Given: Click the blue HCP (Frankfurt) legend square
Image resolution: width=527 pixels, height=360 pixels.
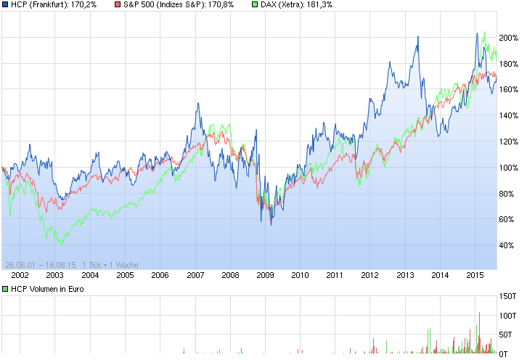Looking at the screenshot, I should point(6,5).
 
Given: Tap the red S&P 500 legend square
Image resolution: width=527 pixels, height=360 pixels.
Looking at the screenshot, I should point(118,5).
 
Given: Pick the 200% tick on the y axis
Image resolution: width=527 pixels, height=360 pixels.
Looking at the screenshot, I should point(508,37).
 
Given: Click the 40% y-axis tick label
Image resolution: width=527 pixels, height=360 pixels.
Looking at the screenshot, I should point(508,245).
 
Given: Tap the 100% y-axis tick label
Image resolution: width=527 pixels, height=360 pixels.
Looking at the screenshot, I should point(508,168).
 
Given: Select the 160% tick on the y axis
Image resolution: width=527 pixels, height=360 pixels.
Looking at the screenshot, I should point(508,89).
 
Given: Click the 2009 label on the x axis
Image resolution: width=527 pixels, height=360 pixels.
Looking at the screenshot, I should point(265,276).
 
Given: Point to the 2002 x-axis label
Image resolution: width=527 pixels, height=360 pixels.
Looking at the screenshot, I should point(20,276).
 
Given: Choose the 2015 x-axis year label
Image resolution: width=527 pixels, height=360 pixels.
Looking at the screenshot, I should point(475,276).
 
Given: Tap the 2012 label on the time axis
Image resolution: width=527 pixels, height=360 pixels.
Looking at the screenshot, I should point(370,276).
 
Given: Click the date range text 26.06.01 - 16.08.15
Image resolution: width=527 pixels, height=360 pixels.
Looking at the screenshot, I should point(40,265).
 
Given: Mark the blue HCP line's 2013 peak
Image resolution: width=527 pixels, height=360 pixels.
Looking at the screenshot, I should point(417,36).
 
